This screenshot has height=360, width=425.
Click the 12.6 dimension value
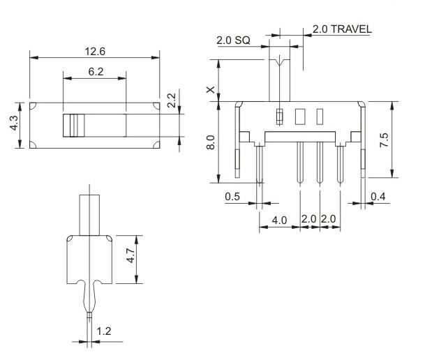tap(95, 51)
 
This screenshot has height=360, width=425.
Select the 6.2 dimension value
tap(96, 72)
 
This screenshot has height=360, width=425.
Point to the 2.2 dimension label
tap(171, 100)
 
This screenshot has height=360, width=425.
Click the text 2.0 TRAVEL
tap(342, 29)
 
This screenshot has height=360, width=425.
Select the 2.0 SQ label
tap(233, 40)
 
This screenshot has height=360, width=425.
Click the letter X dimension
tap(211, 90)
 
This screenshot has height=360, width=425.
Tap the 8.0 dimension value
tap(211, 142)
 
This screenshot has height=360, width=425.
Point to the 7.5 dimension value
tap(384, 140)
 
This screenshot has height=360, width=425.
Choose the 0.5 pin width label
tap(232, 196)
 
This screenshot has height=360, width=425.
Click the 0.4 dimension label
tap(378, 196)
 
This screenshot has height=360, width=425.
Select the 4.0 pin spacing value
tap(279, 220)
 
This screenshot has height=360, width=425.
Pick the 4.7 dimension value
tap(131, 255)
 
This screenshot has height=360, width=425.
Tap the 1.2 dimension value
tap(104, 331)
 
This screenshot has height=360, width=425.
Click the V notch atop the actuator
tap(279, 61)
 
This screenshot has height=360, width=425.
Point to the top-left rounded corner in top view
tap(33, 105)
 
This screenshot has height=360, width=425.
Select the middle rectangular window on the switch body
tap(300, 117)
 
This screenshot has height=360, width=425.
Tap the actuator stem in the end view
tap(89, 215)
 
